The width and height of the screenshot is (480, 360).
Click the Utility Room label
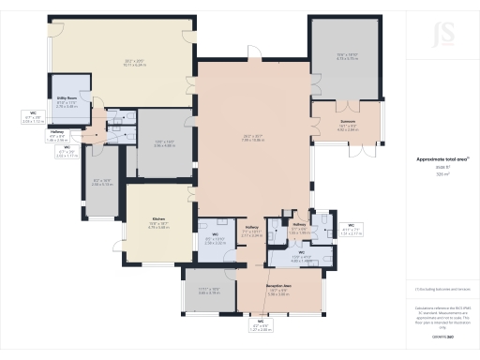(66, 97)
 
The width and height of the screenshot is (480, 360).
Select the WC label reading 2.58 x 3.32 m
(215, 239)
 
